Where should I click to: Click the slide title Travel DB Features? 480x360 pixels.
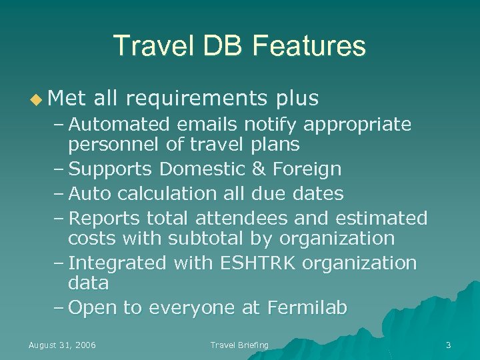(239, 46)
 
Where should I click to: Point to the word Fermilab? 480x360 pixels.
(307, 308)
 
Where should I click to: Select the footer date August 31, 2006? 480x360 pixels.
(62, 345)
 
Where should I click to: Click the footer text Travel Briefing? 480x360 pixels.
(239, 345)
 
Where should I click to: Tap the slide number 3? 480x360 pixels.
(448, 345)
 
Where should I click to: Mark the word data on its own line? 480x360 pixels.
(88, 283)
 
